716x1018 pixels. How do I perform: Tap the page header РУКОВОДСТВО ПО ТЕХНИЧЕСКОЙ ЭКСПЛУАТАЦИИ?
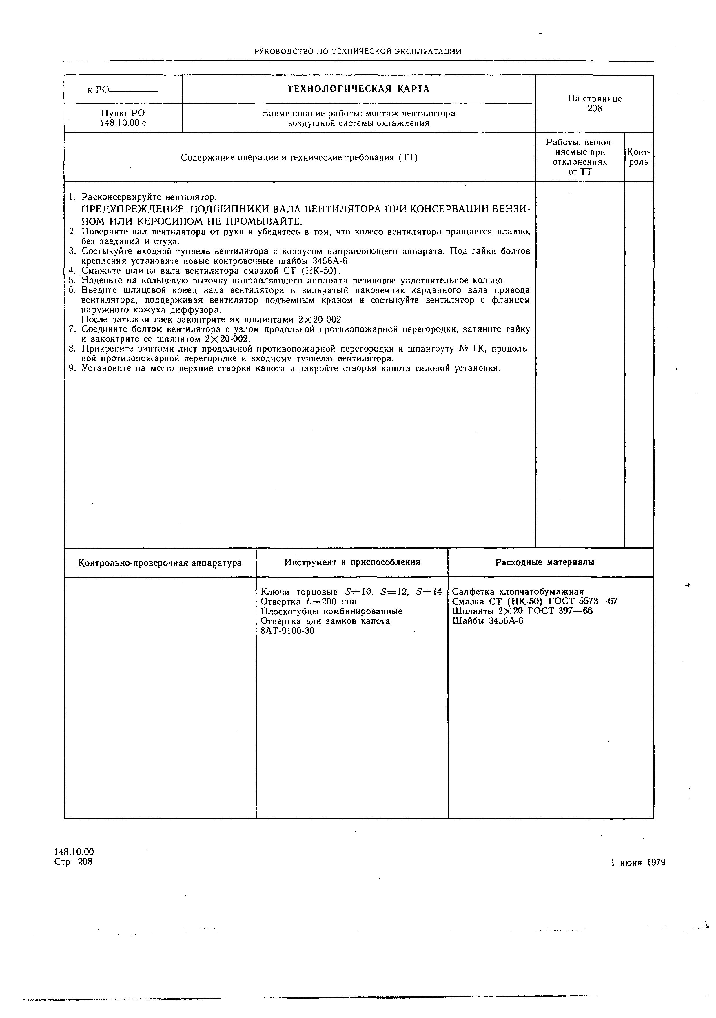pyautogui.click(x=358, y=51)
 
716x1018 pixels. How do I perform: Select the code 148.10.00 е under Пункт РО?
pyautogui.click(x=123, y=123)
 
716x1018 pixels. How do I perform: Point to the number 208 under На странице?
pyautogui.click(x=595, y=109)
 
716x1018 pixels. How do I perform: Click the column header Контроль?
pyautogui.click(x=639, y=157)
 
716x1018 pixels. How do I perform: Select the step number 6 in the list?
pyautogui.click(x=72, y=290)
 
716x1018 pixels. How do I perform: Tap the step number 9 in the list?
pyautogui.click(x=72, y=368)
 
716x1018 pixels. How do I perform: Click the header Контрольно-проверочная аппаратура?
pyautogui.click(x=160, y=563)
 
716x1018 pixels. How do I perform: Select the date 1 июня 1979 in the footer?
pyautogui.click(x=638, y=862)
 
